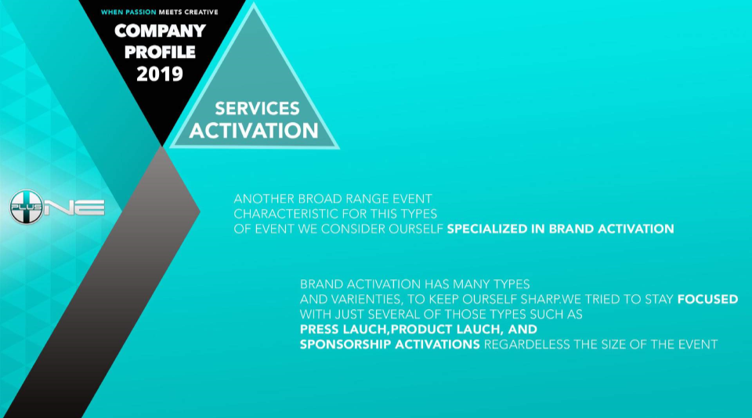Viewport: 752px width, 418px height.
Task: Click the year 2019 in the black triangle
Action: coord(160,74)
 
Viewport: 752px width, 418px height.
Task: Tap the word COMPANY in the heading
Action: coord(160,31)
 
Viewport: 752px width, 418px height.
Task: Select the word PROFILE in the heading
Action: coord(160,52)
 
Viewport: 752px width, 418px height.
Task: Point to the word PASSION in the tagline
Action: coord(140,12)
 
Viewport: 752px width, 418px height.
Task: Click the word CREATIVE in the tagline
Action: coord(201,12)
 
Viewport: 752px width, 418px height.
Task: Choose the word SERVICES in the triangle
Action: coord(257,108)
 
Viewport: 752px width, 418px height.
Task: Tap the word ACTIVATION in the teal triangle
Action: coord(254,131)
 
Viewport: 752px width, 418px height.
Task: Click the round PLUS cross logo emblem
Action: coord(27,207)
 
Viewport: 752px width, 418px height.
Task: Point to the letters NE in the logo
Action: coord(75,207)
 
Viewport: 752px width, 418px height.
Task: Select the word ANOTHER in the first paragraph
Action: coord(264,199)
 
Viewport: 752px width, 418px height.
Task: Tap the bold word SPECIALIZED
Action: coord(487,229)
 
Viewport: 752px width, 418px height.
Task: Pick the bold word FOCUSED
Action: coord(707,300)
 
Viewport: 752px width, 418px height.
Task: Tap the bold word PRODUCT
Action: coord(422,330)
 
